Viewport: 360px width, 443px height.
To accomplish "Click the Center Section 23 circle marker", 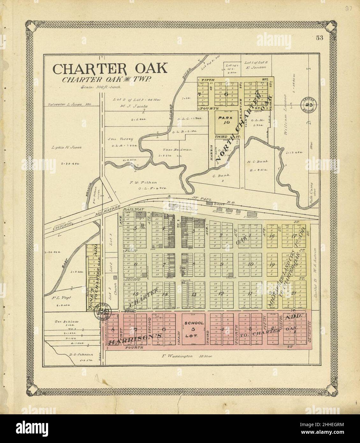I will pyautogui.click(x=308, y=104).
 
